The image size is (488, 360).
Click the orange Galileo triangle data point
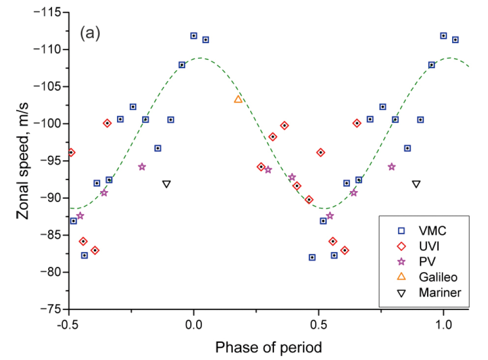pos(238,99)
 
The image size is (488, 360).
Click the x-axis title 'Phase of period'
pos(269,347)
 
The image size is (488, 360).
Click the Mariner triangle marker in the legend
pos(402,293)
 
